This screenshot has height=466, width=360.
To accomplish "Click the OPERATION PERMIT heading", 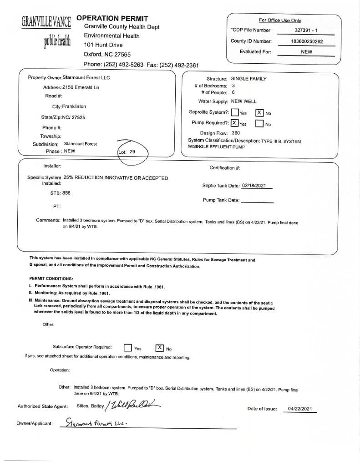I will click(112, 18).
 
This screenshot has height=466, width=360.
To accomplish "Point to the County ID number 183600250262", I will click(306, 41).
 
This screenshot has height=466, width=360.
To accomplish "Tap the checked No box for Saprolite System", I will click(259, 112).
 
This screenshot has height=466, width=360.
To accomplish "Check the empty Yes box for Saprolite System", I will click(235, 112).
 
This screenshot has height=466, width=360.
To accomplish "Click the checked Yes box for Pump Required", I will click(234, 123).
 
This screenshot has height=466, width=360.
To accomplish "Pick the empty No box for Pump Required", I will click(259, 123).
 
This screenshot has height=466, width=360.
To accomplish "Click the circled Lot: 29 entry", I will click(127, 152).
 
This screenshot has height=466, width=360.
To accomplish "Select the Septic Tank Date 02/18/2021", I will click(257, 186).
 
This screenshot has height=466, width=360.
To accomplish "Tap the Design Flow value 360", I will click(235, 133).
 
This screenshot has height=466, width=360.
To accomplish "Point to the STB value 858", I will click(66, 193).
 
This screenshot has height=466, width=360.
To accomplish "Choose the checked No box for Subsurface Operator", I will click(160, 348).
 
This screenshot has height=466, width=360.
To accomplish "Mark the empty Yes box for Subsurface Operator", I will click(128, 348).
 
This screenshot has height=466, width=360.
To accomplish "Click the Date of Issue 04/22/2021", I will click(299, 409).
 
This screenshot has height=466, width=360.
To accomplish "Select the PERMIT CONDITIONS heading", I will click(51, 279).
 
